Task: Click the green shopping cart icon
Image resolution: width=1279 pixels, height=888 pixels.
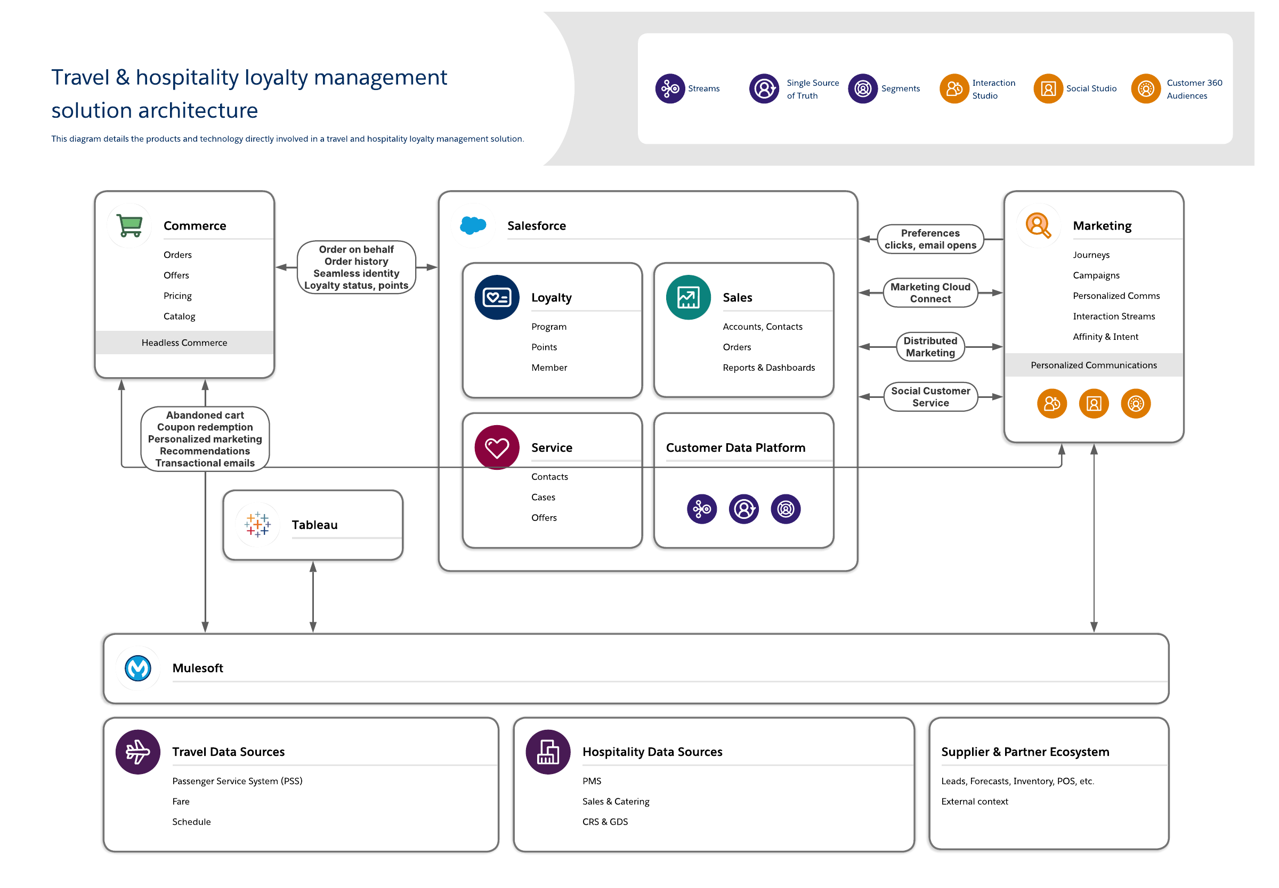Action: [x=129, y=225]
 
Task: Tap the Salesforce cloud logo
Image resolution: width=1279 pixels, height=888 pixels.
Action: [x=473, y=225]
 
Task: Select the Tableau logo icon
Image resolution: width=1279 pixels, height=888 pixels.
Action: [x=258, y=524]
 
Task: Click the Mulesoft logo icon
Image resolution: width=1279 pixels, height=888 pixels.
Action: [x=138, y=667]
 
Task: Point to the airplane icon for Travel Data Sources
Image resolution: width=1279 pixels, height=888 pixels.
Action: [x=138, y=752]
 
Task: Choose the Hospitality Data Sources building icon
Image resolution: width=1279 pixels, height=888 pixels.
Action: [x=548, y=752]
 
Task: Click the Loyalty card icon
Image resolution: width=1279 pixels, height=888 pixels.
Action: [x=497, y=297]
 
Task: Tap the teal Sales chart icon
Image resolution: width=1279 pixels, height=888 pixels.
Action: [x=689, y=297]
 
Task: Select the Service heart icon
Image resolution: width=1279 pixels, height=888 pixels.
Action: [x=497, y=447]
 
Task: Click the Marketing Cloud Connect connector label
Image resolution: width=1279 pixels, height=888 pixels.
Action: [x=930, y=292]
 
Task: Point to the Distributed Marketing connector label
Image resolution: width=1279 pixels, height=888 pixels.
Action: [x=930, y=347]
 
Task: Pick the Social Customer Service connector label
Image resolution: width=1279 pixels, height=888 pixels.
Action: [x=930, y=397]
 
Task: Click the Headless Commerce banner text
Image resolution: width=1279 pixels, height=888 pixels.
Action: [x=184, y=343]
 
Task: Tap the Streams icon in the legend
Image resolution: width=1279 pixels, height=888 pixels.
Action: [x=670, y=88]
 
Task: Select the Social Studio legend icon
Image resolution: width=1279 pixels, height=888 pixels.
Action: [x=1049, y=88]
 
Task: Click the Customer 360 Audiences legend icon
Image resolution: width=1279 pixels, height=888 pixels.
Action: [x=1146, y=88]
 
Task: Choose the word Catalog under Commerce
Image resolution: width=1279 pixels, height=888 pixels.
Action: [x=179, y=316]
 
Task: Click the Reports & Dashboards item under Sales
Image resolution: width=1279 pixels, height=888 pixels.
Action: [x=768, y=367]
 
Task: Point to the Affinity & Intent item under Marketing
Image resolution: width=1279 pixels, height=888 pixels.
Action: [x=1105, y=337]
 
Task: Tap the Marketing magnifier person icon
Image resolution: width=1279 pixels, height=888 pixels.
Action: [x=1038, y=225]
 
